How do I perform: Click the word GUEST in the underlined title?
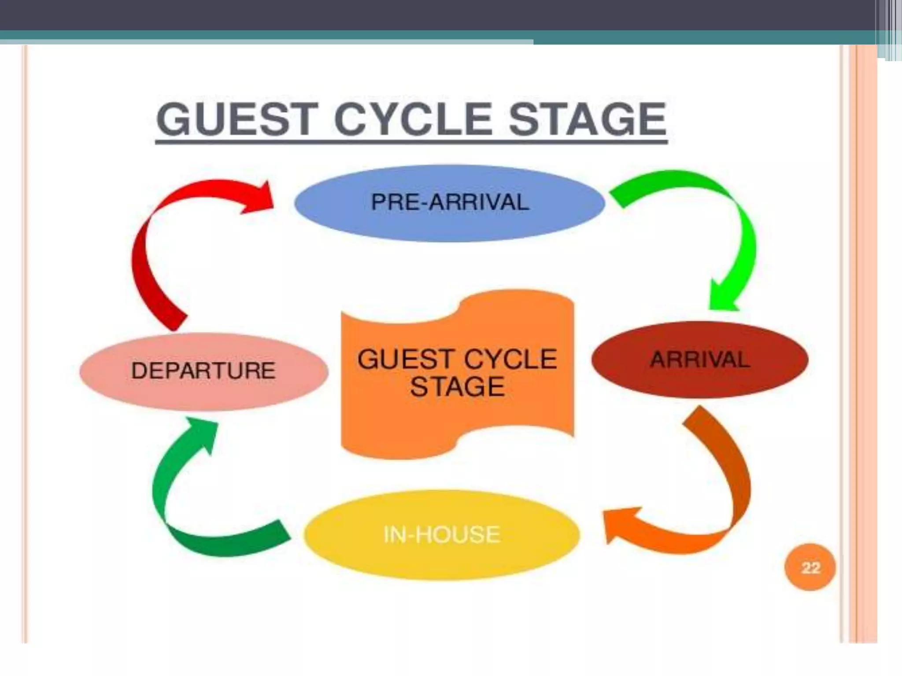point(237,119)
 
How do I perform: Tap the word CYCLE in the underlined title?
point(413,119)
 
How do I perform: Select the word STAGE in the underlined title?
point(587,119)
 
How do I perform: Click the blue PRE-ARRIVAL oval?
point(449,203)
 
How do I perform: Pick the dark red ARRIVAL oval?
point(700,360)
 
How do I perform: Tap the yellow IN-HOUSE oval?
point(442,535)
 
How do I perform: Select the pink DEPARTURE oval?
point(203,371)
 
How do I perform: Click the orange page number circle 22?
point(810,568)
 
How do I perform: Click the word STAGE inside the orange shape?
point(457,387)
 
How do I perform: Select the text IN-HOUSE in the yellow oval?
point(442,535)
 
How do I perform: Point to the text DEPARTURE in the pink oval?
point(203,371)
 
